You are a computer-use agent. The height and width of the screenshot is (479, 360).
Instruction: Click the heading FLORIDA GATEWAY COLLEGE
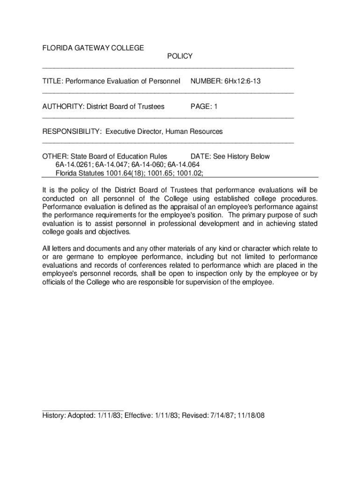click(x=93, y=48)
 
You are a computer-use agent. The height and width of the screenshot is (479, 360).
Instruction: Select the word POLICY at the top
click(x=180, y=56)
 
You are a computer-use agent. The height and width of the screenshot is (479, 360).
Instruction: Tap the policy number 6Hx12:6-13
click(x=243, y=81)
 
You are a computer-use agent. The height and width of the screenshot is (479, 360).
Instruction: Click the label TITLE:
click(x=53, y=81)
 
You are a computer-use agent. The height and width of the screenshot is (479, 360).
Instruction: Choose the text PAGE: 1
click(x=204, y=107)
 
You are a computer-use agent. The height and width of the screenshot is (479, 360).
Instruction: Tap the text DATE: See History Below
click(x=230, y=157)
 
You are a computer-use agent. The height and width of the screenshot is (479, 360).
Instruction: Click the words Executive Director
click(x=133, y=132)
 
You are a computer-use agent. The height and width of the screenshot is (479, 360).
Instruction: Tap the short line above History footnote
click(x=83, y=409)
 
